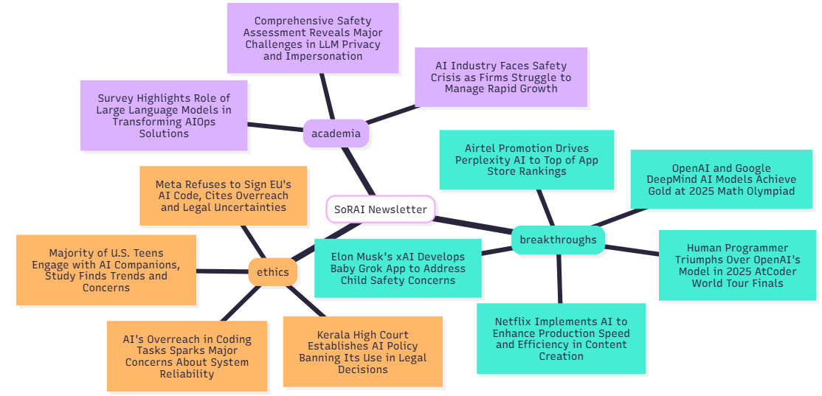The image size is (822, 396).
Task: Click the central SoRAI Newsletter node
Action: click(x=380, y=209)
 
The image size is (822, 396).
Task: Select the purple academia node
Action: click(x=336, y=133)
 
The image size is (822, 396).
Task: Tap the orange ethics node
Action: click(x=273, y=272)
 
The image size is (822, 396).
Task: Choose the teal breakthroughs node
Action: click(x=558, y=240)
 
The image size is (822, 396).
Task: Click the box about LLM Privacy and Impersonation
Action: click(x=312, y=38)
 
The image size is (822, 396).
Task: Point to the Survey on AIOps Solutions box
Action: click(x=163, y=116)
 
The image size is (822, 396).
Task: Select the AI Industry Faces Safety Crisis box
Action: click(x=500, y=77)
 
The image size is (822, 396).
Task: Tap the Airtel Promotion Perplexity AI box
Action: click(x=526, y=160)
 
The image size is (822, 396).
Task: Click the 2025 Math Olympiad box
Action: click(x=721, y=179)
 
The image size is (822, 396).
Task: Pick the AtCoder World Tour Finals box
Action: click(x=737, y=265)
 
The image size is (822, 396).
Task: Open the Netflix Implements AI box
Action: click(x=561, y=338)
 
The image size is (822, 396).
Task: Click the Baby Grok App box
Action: click(x=398, y=268)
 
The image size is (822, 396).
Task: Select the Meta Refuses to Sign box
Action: click(x=223, y=195)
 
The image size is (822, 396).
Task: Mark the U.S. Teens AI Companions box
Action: click(x=106, y=270)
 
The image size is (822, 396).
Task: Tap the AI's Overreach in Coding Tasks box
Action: click(x=187, y=356)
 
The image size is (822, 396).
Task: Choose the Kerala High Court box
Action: click(x=362, y=352)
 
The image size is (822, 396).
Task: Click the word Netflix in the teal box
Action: click(x=515, y=322)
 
